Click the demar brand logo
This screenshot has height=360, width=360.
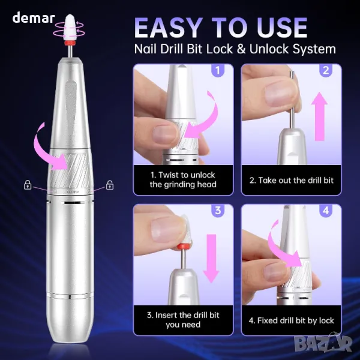[x=34, y=18]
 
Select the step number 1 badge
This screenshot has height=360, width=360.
[x=218, y=70]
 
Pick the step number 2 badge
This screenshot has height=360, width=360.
[x=326, y=70]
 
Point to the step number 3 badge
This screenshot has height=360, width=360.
[x=218, y=211]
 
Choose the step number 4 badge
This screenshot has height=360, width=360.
[x=326, y=211]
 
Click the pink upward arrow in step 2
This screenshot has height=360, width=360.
[x=319, y=116]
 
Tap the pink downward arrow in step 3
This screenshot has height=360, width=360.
[x=211, y=258]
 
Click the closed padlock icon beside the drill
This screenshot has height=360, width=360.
[x=28, y=185]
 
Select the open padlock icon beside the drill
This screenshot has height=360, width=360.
[x=110, y=185]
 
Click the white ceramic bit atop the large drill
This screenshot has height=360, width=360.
[x=69, y=27]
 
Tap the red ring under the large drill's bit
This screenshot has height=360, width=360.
[x=69, y=43]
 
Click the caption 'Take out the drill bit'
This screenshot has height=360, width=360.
[x=292, y=180]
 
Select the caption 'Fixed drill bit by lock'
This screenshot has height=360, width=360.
[x=292, y=320]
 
